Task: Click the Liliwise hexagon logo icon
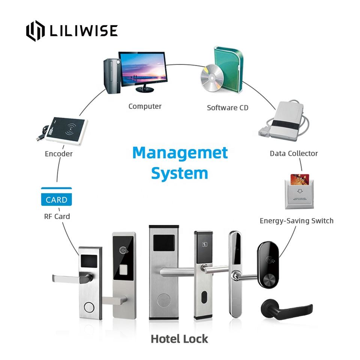tap(35, 31)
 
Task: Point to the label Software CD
tap(228, 108)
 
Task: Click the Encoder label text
tap(58, 154)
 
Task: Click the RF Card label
tap(57, 216)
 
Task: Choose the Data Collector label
tap(294, 153)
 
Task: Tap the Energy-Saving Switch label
tap(296, 220)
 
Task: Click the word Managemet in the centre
tap(180, 153)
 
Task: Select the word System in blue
tap(180, 174)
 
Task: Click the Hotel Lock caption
tap(179, 339)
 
